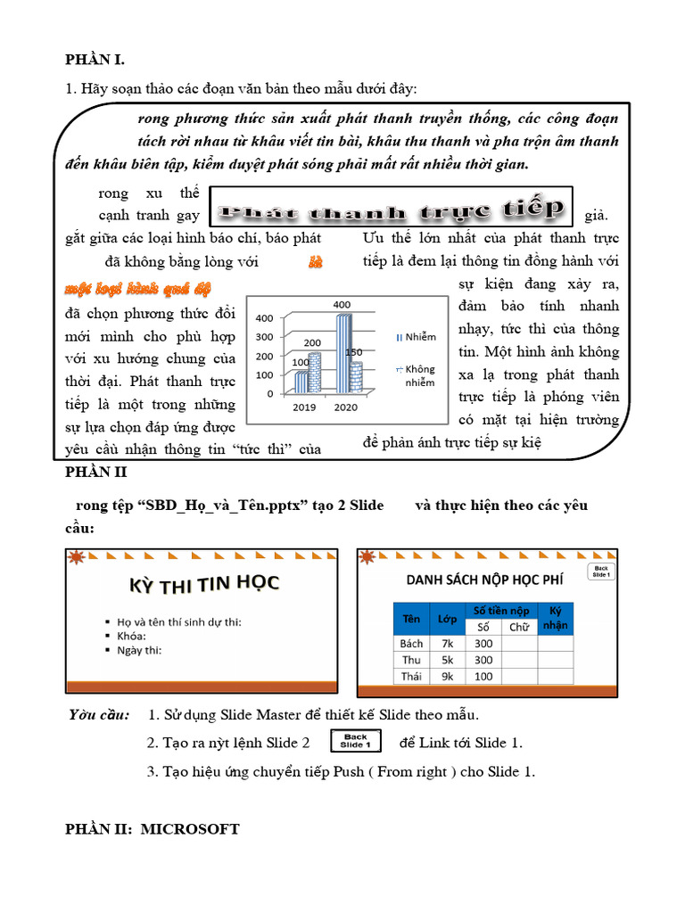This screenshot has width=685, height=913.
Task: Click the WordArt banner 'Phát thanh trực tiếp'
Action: click(393, 210)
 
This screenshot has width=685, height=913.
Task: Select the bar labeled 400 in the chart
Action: click(342, 353)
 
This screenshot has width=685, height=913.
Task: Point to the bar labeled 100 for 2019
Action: click(301, 382)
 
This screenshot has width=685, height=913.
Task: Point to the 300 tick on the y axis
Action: click(264, 337)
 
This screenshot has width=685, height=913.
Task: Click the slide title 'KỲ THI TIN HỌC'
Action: click(205, 584)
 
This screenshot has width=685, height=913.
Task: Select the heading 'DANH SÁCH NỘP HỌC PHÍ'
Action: click(485, 580)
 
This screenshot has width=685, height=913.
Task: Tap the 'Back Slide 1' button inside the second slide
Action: click(601, 572)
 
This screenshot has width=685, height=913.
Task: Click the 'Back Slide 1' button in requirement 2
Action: click(355, 741)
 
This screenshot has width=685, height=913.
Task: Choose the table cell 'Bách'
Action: click(411, 644)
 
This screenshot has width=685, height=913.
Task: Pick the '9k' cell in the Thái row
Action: click(449, 677)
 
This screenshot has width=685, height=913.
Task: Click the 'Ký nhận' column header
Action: click(556, 618)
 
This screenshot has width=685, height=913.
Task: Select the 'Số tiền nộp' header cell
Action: click(500, 610)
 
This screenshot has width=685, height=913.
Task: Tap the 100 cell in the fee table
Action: click(483, 677)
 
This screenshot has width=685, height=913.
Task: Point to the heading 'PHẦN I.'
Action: click(95, 60)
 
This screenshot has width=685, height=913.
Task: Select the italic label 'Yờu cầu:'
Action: click(100, 715)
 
